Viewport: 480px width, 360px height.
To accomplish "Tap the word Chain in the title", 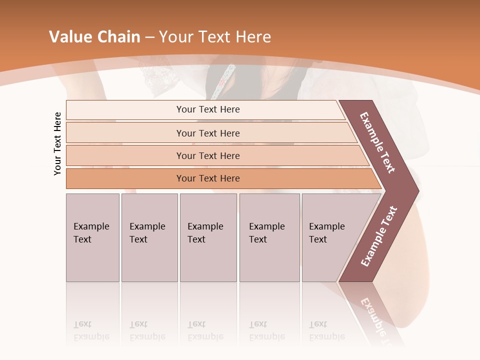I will tap(118, 37).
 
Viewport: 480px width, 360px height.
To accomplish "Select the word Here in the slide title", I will tap(252, 37).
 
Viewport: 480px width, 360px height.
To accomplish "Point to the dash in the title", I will tap(149, 37).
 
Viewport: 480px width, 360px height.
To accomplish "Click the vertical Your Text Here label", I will tap(57, 143).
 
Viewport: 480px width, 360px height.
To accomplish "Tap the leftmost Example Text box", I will tap(92, 237).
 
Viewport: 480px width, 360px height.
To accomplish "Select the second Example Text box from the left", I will tap(149, 237).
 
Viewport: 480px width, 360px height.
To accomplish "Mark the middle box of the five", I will tap(208, 237).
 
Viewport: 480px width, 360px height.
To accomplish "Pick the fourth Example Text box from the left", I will tap(269, 237).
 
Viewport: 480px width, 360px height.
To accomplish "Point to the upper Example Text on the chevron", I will tap(377, 142).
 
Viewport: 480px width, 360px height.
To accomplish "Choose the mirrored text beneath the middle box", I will tap(204, 330).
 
